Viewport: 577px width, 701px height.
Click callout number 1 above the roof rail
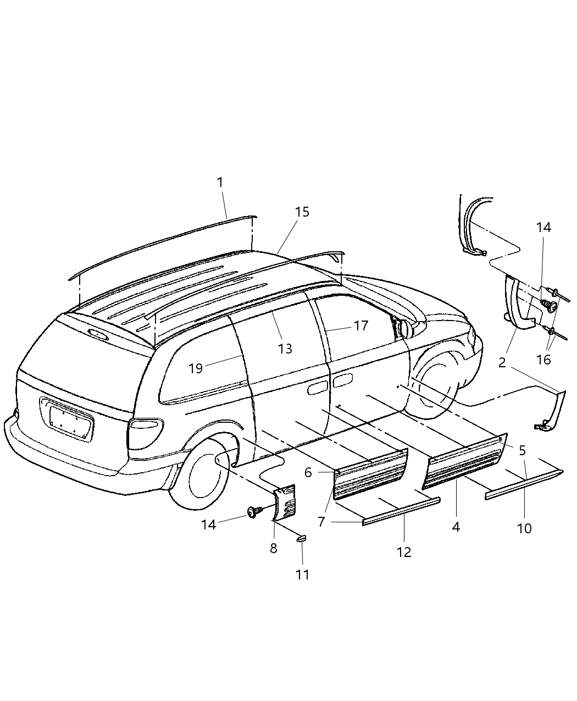[220, 182]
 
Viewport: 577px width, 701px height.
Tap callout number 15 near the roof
[302, 212]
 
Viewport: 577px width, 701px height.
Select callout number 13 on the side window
[285, 349]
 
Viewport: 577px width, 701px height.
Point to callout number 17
[360, 326]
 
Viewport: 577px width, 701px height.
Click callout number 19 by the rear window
[196, 368]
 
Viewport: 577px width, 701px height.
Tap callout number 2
[502, 362]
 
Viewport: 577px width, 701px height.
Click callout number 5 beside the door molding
[522, 450]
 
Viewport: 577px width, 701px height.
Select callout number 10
[524, 528]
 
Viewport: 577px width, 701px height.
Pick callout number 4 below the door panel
[456, 527]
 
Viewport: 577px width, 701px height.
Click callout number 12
[404, 552]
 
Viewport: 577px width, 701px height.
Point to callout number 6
[308, 472]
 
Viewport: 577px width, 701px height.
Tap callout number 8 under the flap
[273, 548]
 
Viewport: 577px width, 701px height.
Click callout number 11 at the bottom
[302, 575]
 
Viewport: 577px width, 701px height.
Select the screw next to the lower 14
[254, 512]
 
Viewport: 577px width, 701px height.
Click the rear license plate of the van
[71, 420]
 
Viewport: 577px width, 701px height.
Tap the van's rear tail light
[146, 431]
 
